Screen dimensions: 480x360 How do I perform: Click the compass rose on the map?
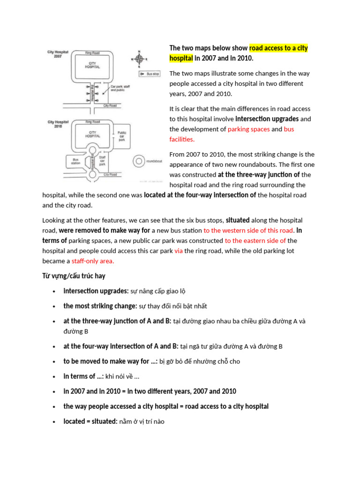click(x=139, y=59)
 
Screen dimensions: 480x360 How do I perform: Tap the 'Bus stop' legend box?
click(x=150, y=74)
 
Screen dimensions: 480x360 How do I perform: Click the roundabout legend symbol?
click(x=138, y=161)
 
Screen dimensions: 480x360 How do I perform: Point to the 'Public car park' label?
click(x=122, y=136)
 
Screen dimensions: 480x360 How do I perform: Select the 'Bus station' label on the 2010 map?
click(x=76, y=161)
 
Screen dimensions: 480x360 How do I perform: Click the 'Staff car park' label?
click(x=102, y=161)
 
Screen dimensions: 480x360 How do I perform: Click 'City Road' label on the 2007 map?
click(x=110, y=105)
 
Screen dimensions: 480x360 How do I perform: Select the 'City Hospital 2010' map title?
click(x=58, y=124)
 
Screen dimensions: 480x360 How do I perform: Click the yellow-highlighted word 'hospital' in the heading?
click(x=181, y=58)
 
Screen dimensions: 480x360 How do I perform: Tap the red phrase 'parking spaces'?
click(x=248, y=129)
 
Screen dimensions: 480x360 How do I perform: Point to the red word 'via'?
click(x=179, y=251)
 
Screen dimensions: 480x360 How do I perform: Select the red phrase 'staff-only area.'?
click(x=93, y=261)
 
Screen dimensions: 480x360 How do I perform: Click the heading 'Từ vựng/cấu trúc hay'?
click(x=74, y=276)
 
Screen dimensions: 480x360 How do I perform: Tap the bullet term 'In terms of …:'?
click(x=83, y=376)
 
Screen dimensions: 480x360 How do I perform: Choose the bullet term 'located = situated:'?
click(x=90, y=421)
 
